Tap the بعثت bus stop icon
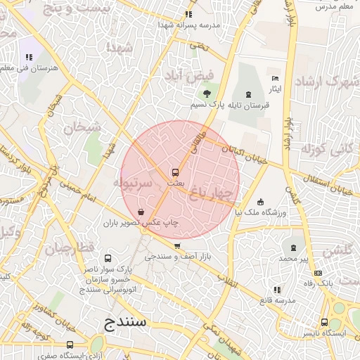click(x=175, y=172)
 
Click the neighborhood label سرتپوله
click(x=132, y=182)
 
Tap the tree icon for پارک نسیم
click(x=206, y=94)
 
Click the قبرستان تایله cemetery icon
click(x=247, y=94)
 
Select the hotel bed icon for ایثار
click(x=275, y=78)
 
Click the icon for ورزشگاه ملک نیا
click(x=261, y=202)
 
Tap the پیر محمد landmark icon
click(x=293, y=247)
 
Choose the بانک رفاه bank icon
click(x=318, y=273)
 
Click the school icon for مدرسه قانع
click(x=276, y=289)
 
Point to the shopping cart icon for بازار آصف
click(x=177, y=246)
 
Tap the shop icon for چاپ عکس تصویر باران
click(x=141, y=211)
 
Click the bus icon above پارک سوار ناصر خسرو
click(x=108, y=258)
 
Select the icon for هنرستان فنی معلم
click(x=29, y=57)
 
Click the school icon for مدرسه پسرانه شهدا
click(x=188, y=13)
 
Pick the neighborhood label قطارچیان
click(x=70, y=248)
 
